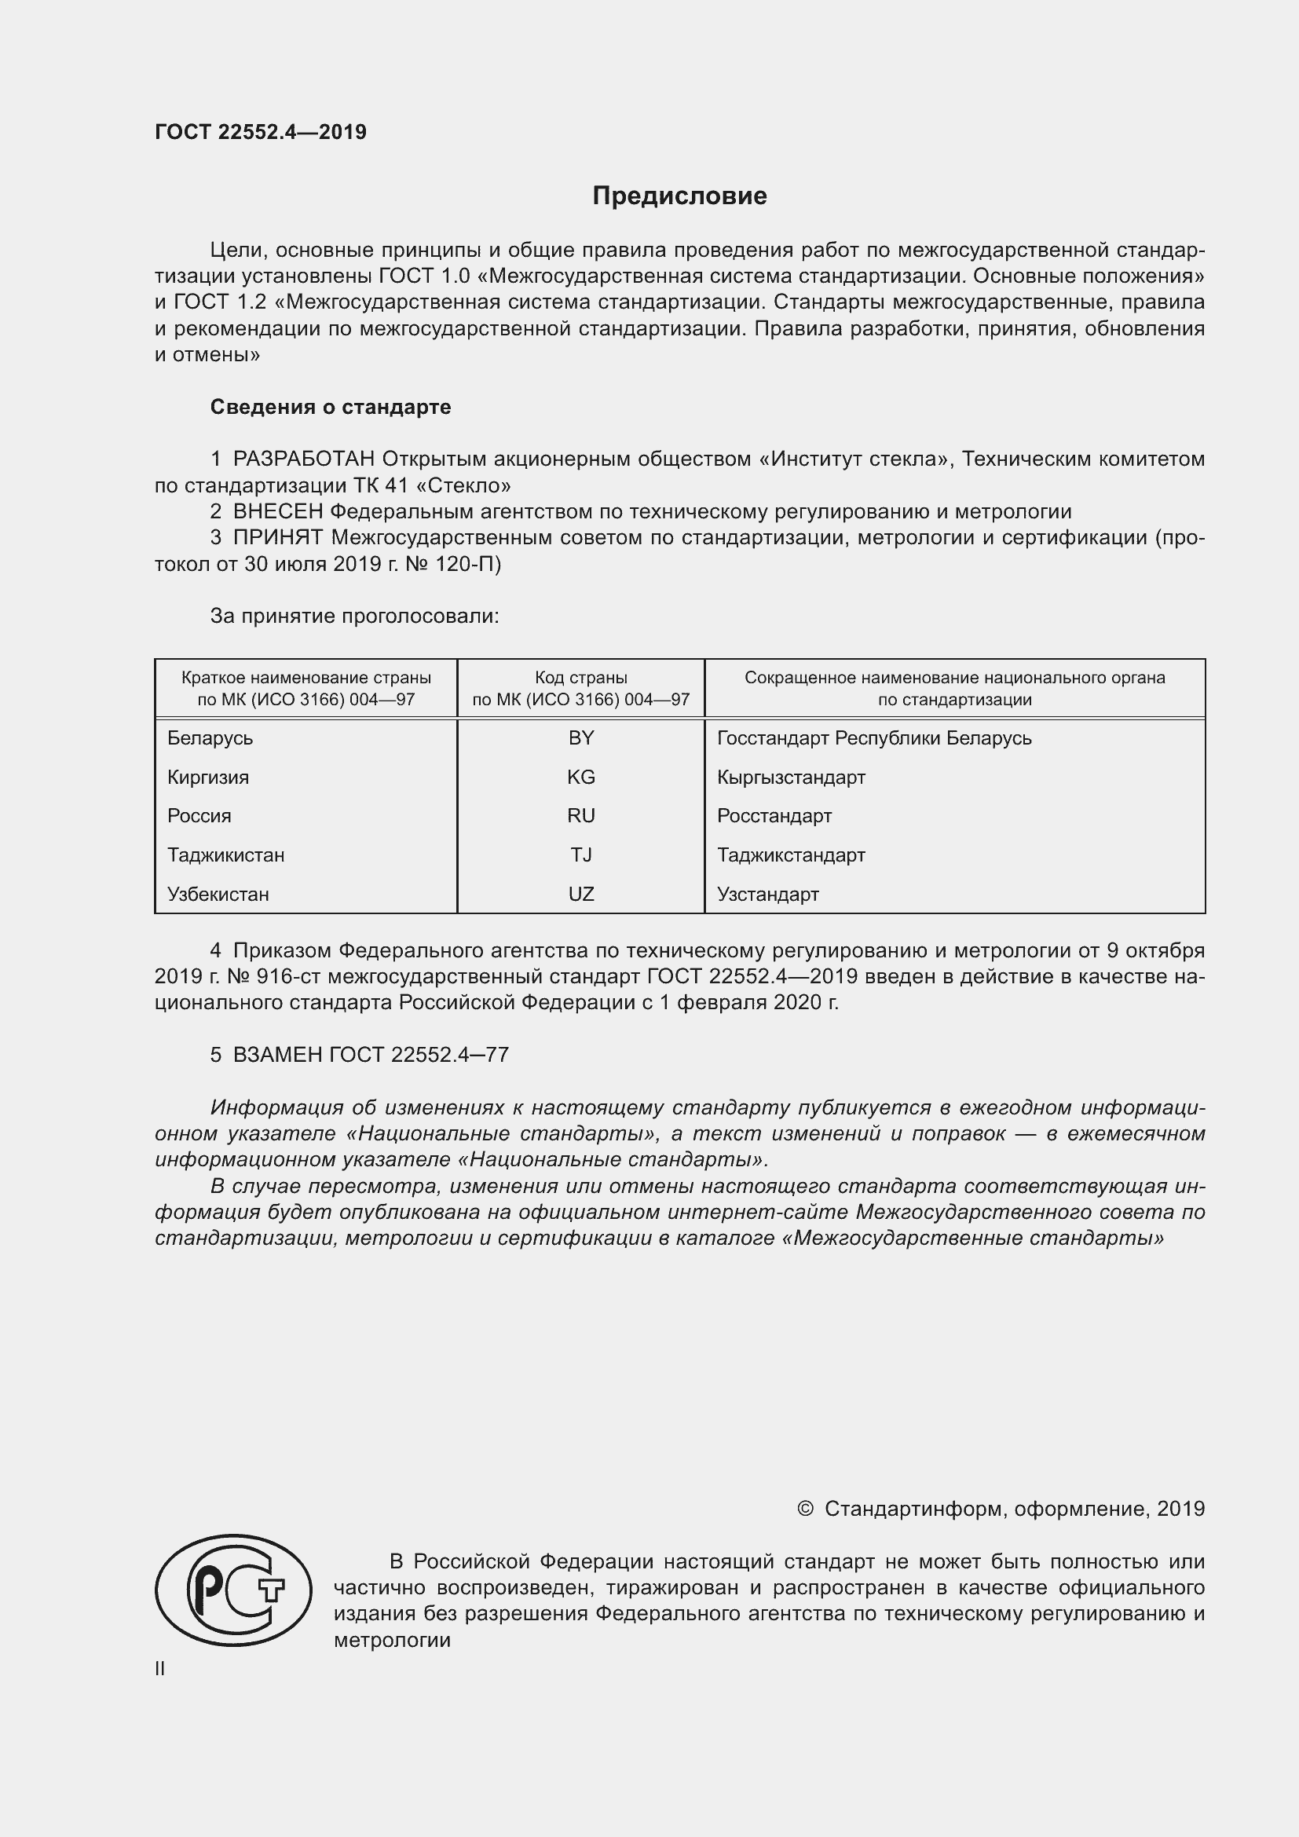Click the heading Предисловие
(x=679, y=196)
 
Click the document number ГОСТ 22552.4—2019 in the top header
(x=261, y=132)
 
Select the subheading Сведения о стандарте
(x=331, y=408)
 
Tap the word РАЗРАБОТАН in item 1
(x=304, y=459)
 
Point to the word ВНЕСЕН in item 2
(x=277, y=511)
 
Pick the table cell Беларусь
(x=210, y=737)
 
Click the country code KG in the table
(x=580, y=777)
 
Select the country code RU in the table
(x=580, y=816)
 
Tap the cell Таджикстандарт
(x=791, y=855)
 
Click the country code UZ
(x=580, y=895)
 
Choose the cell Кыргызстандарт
(x=791, y=777)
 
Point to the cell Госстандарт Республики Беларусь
(x=874, y=737)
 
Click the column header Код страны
(x=580, y=678)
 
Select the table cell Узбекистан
(x=218, y=895)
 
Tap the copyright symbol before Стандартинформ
(x=806, y=1509)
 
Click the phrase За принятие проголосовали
(x=354, y=616)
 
